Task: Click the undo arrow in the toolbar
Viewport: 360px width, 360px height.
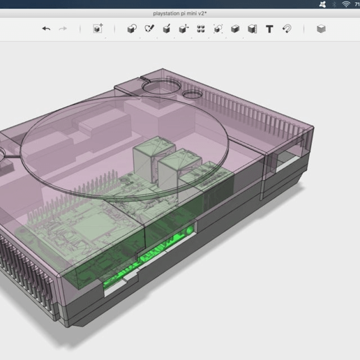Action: (x=46, y=29)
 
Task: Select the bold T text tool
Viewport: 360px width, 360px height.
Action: (x=269, y=29)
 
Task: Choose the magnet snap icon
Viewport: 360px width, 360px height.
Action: (x=286, y=29)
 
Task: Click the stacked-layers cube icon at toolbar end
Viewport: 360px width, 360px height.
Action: (x=321, y=29)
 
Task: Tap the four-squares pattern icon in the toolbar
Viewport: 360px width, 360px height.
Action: (x=200, y=29)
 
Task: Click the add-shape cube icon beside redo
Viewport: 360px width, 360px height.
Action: (x=98, y=29)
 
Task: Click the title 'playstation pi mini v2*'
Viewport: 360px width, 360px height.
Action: (x=179, y=13)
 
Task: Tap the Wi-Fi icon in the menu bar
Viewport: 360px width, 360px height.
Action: (x=345, y=4)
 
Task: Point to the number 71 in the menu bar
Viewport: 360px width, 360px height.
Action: (x=356, y=4)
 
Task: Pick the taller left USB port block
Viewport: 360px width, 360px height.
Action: (x=148, y=159)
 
